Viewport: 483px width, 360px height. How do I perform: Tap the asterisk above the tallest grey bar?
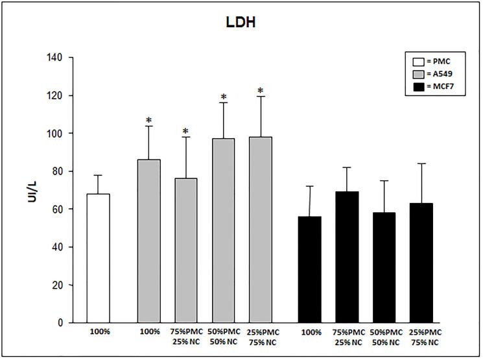click(x=260, y=91)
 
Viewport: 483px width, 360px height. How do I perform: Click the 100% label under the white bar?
click(x=99, y=333)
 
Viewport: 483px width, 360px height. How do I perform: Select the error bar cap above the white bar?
click(x=99, y=175)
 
